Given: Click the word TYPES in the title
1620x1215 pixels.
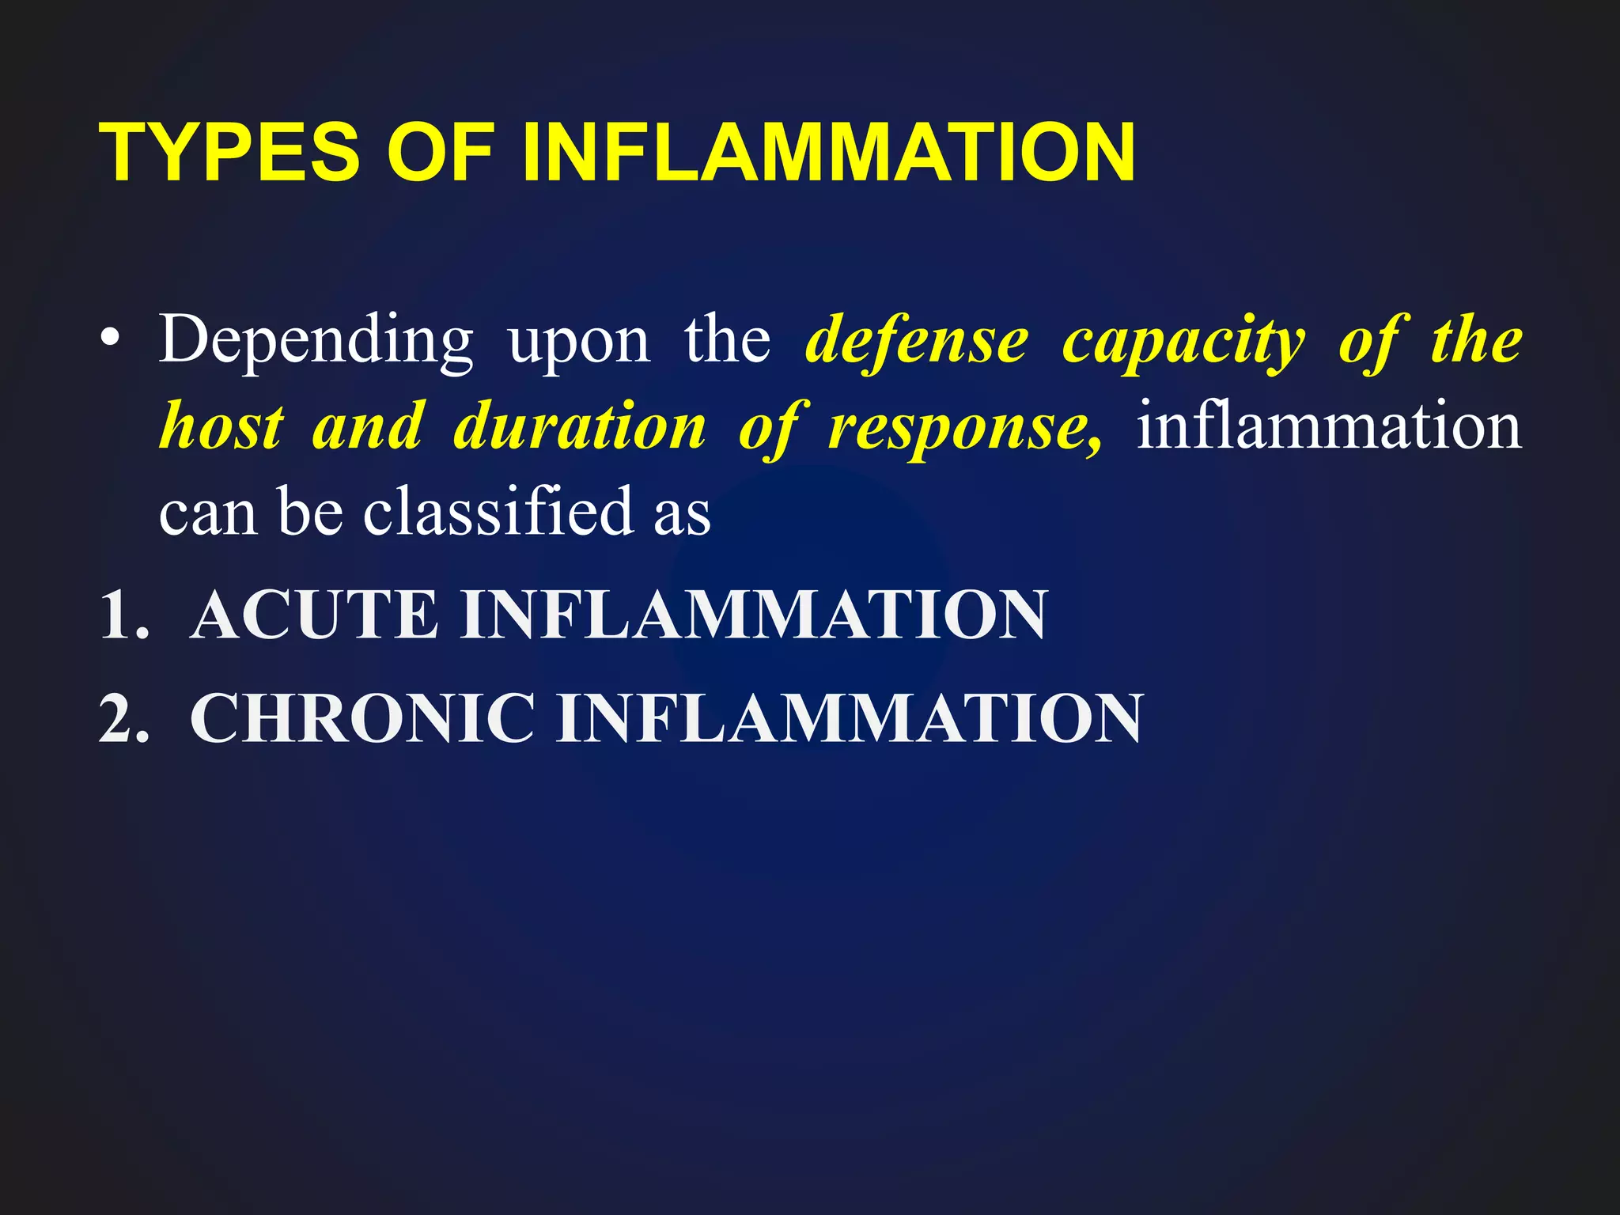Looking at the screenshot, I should (x=229, y=153).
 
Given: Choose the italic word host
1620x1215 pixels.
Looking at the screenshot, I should (x=221, y=427).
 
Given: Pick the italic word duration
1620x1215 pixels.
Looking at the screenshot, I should (x=580, y=427).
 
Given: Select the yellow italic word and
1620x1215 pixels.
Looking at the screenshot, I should (x=369, y=427).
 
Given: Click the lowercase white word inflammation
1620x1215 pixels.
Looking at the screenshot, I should (x=1329, y=427).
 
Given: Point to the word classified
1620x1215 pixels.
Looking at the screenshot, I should (x=498, y=512).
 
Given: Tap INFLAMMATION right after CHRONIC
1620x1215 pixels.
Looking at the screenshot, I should (x=850, y=718).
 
